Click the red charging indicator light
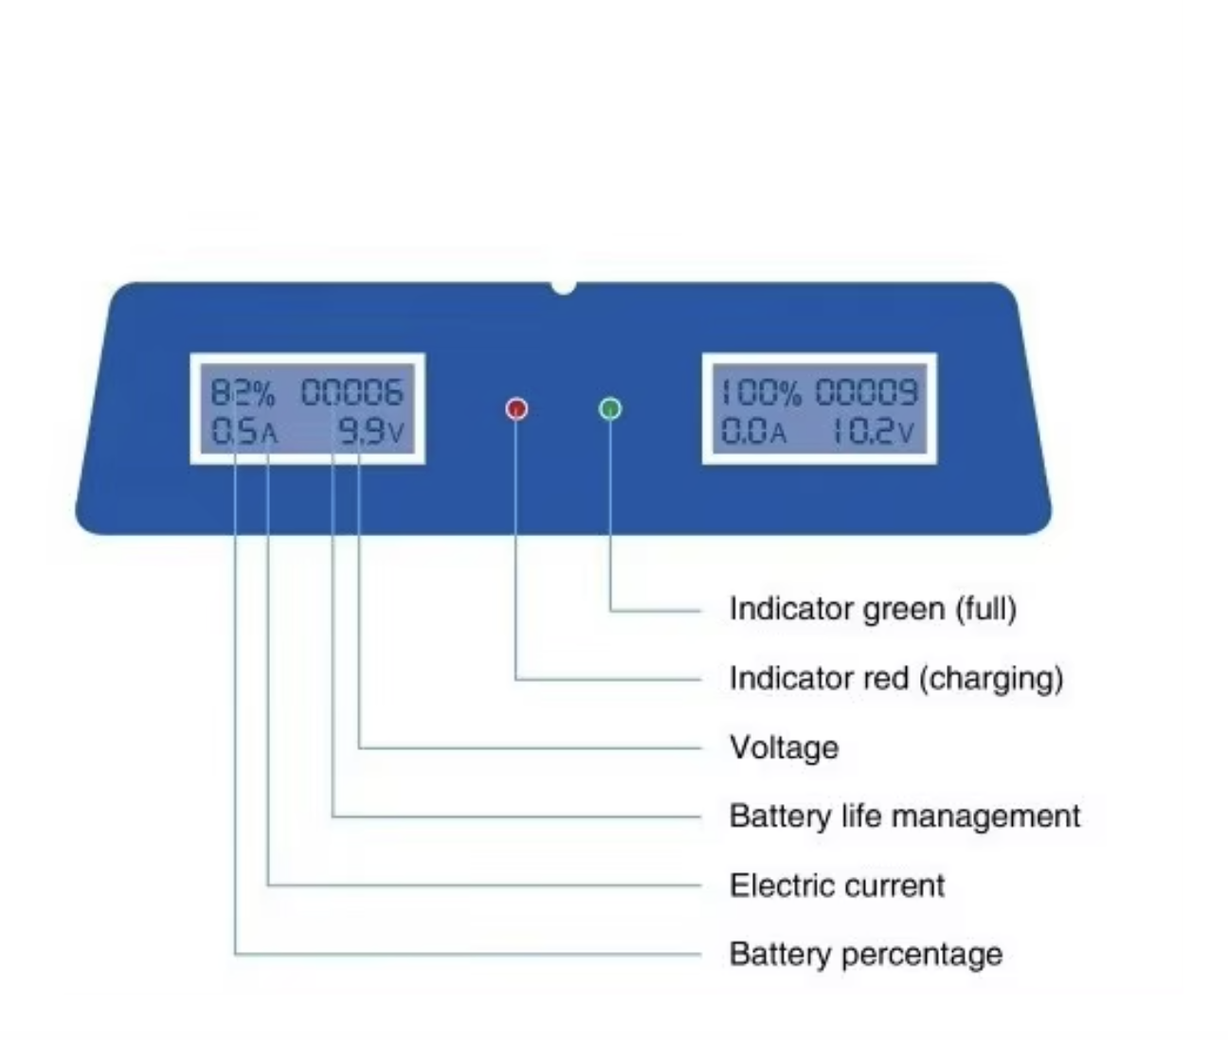(x=516, y=408)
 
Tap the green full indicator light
(x=611, y=408)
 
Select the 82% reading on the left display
(x=242, y=391)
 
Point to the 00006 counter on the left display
(x=352, y=391)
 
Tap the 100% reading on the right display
(x=761, y=391)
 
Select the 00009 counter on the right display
(x=867, y=391)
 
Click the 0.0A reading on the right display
(x=754, y=432)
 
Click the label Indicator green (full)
(x=873, y=608)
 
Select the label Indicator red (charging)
(x=895, y=678)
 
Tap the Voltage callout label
(x=784, y=747)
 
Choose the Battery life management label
(x=904, y=816)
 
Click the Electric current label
(x=837, y=886)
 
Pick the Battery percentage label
(x=865, y=954)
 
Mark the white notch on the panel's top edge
(x=564, y=286)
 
